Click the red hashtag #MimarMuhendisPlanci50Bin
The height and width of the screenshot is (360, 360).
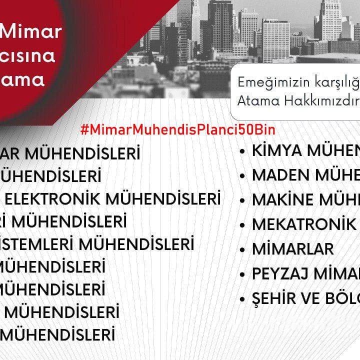(177, 129)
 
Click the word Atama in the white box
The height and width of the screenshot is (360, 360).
(254, 100)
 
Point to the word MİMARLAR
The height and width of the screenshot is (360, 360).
(292, 248)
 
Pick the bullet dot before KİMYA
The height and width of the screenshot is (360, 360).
(242, 150)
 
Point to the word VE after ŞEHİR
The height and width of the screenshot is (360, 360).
(314, 298)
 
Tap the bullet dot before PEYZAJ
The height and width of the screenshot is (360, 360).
(242, 274)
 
